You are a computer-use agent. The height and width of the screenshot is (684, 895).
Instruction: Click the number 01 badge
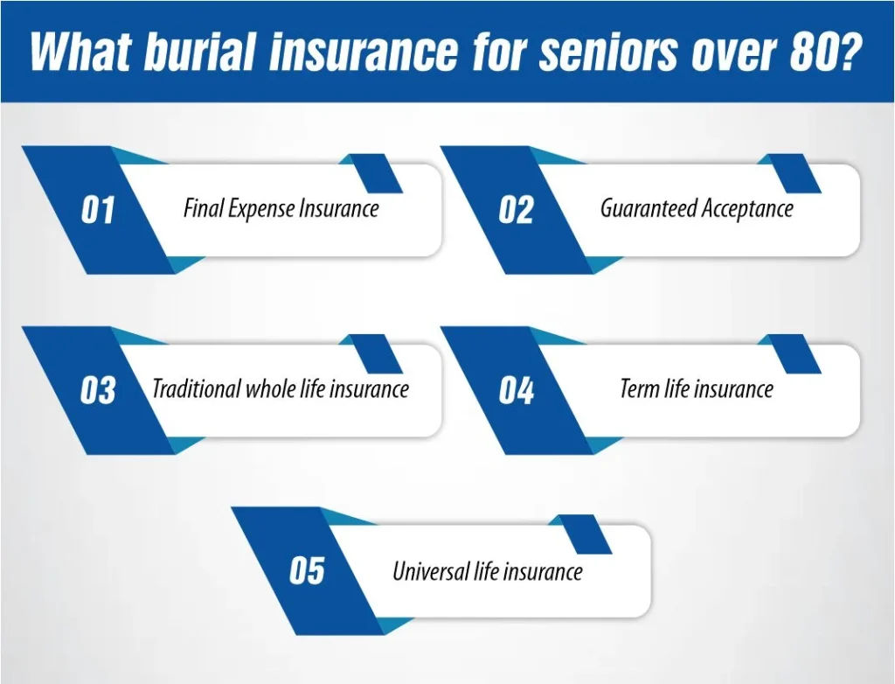pos(98,210)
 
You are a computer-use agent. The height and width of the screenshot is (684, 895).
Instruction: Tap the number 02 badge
pos(516,210)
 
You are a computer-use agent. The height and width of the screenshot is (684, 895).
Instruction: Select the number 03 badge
pos(98,391)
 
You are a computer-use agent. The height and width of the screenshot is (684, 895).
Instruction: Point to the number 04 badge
pos(516,391)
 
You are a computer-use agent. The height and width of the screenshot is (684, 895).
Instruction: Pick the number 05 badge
pos(307,570)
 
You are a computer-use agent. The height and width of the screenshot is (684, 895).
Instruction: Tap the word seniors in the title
pos(609,51)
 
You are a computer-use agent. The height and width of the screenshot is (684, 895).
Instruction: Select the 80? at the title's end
pos(825,51)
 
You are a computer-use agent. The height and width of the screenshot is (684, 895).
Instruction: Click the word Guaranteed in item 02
pos(649,208)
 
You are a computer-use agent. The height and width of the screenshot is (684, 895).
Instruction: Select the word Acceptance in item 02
pos(747,209)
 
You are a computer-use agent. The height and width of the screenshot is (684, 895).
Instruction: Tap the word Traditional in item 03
pos(196,389)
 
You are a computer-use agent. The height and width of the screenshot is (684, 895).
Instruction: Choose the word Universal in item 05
pos(430,570)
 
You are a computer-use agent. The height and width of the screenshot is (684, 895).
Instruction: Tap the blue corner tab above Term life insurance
pos(789,354)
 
